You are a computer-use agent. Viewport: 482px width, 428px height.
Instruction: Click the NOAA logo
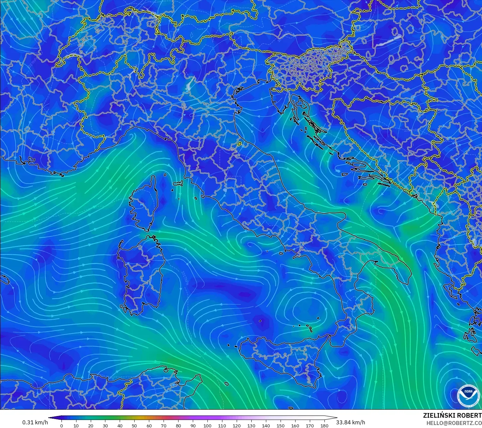coord(468,395)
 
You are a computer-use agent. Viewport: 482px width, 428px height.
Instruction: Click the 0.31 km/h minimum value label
coord(35,422)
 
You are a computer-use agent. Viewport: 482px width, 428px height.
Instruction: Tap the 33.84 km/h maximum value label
coord(350,422)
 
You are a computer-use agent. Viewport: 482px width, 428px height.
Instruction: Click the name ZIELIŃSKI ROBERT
coord(452,415)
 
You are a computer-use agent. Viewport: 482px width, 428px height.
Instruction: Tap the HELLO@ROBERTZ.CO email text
coord(454,423)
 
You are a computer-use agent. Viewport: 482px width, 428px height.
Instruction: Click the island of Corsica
coord(145,203)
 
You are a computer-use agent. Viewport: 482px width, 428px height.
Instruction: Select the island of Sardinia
coord(141,273)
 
